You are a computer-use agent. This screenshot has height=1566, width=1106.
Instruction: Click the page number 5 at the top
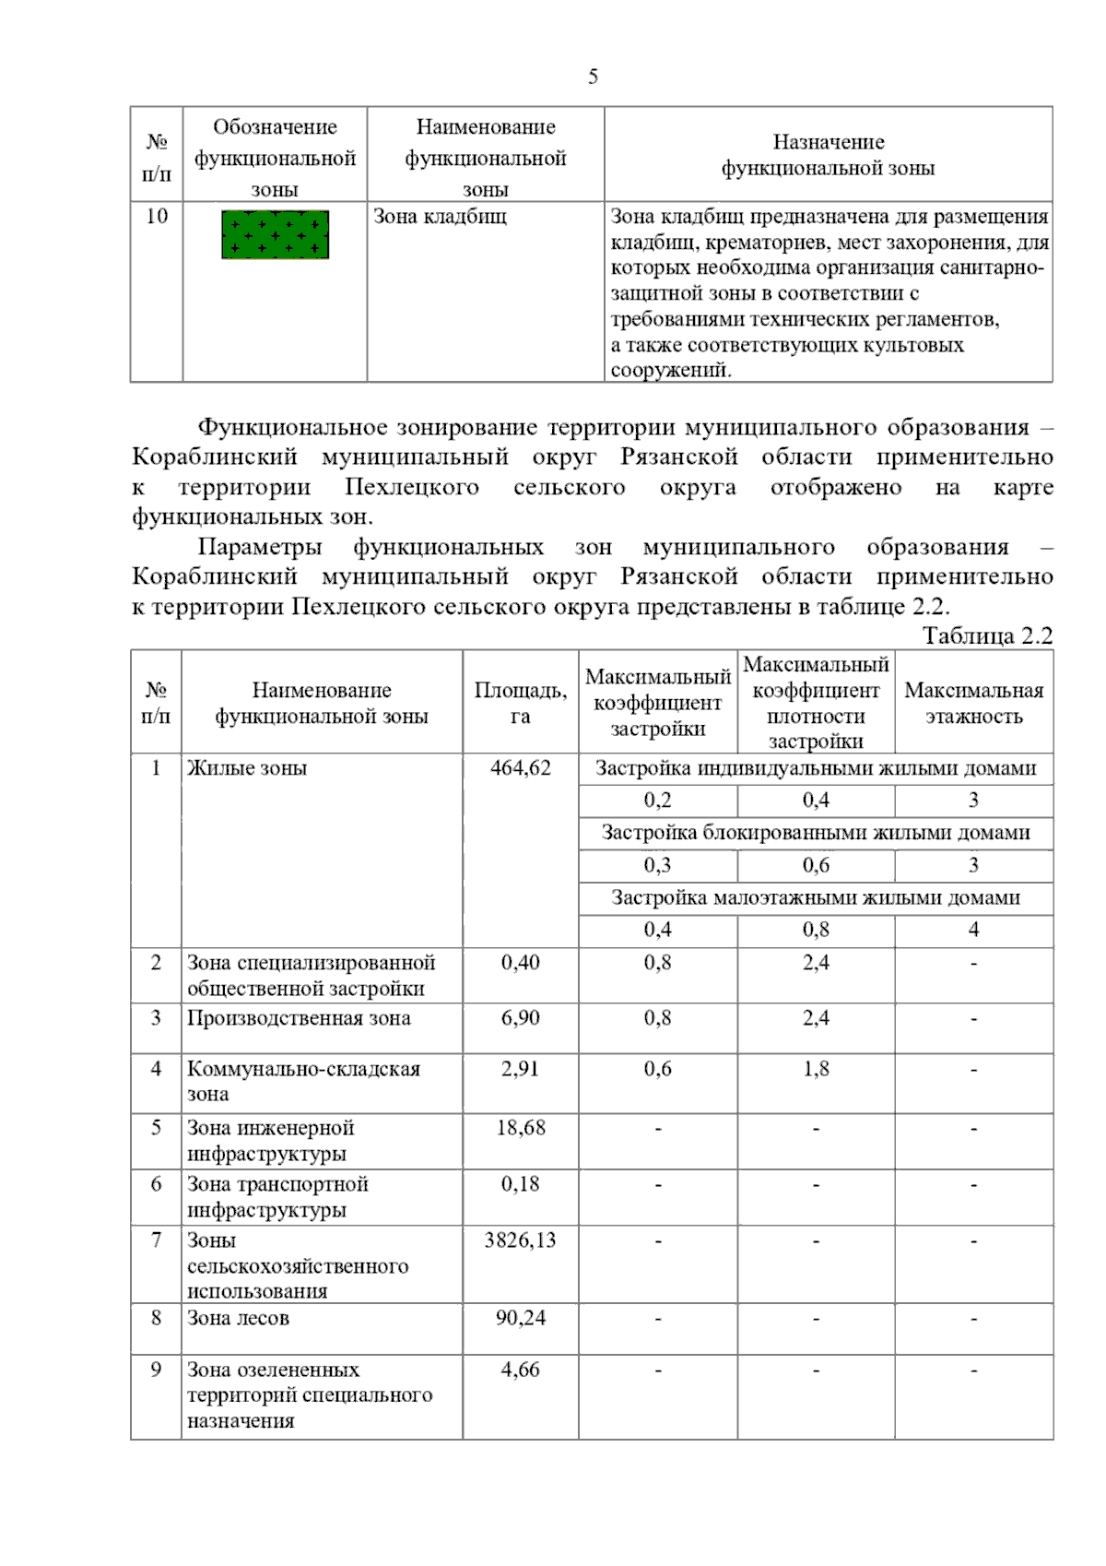(x=593, y=77)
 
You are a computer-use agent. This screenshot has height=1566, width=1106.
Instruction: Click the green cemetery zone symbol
(x=275, y=235)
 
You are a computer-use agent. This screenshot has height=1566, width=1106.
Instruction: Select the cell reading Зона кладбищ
(x=440, y=217)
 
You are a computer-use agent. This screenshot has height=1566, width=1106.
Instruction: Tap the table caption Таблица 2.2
(x=987, y=635)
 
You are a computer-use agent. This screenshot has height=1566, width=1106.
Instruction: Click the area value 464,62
(x=520, y=768)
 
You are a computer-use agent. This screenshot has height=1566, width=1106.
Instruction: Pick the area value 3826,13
(x=520, y=1240)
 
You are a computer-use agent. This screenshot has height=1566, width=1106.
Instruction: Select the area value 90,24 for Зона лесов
(x=520, y=1318)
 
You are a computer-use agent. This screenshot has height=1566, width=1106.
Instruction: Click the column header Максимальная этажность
(x=973, y=703)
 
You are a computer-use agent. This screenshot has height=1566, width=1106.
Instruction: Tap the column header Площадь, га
(x=520, y=703)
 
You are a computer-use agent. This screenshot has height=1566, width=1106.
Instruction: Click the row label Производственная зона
(x=299, y=1018)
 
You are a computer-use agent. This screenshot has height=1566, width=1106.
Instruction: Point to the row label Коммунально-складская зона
(x=303, y=1081)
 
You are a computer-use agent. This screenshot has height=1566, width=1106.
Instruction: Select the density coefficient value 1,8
(x=815, y=1069)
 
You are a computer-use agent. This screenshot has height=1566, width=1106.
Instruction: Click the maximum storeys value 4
(x=973, y=930)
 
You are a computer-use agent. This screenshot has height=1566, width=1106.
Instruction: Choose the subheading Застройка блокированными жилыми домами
(x=815, y=833)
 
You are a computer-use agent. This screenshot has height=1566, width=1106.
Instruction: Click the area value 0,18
(x=520, y=1184)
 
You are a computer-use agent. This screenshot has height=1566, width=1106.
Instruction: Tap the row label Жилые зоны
(x=247, y=768)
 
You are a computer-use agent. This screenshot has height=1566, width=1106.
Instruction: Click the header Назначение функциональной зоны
(x=828, y=155)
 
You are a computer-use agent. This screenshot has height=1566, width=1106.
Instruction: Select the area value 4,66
(x=520, y=1370)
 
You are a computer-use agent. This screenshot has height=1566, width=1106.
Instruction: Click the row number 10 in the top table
(x=157, y=217)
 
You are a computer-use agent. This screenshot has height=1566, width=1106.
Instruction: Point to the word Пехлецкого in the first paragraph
(x=412, y=487)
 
